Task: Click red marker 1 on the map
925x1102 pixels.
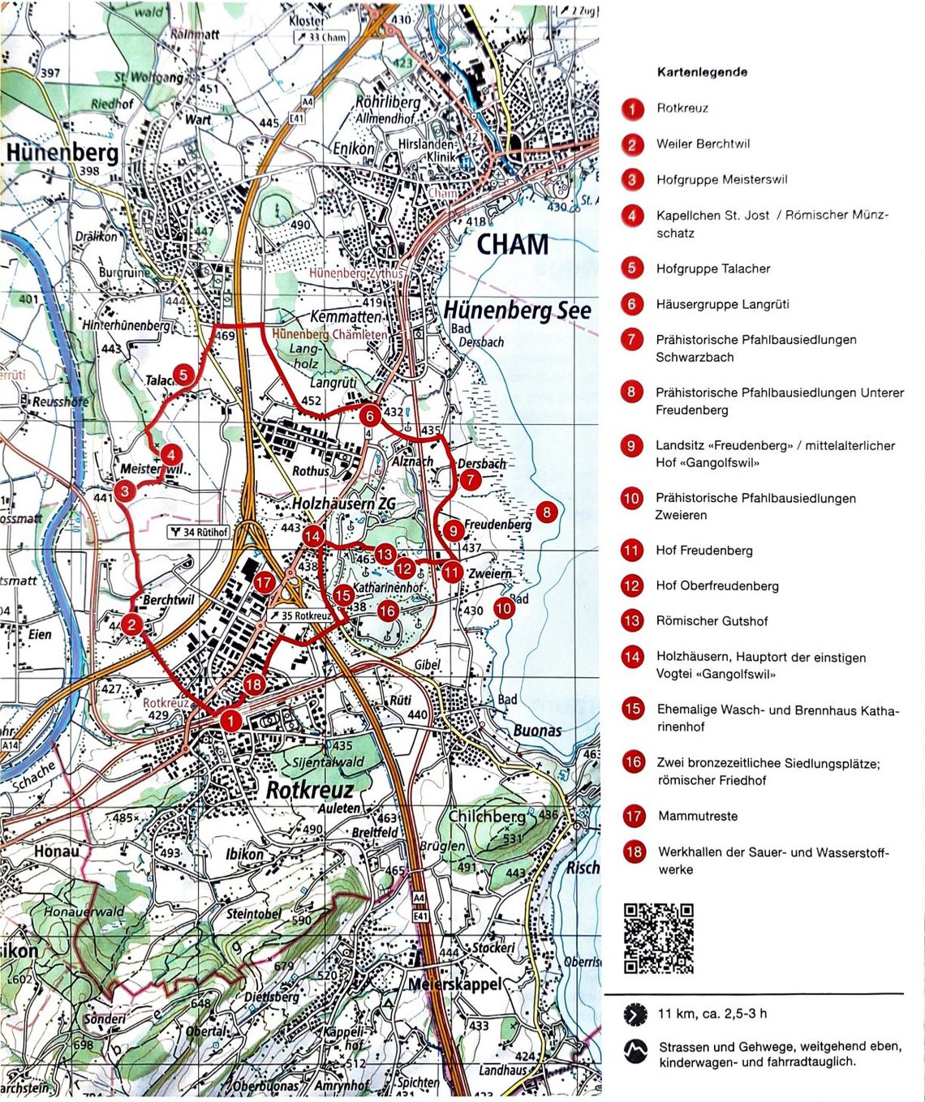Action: pos(231,720)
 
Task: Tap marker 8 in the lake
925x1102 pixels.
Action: pos(547,512)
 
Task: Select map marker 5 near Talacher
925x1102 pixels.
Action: pos(184,374)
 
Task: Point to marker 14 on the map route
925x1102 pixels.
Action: pos(312,536)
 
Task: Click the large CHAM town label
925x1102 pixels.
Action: pos(512,244)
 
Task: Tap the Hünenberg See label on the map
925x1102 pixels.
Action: pos(517,310)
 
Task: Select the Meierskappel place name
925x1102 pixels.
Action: pos(454,984)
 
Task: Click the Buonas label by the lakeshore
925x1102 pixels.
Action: pos(537,731)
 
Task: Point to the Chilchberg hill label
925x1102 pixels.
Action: pos(486,817)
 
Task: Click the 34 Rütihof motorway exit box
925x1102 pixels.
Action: pos(199,532)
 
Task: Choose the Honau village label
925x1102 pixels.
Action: pos(57,851)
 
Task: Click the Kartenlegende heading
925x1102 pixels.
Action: pos(702,72)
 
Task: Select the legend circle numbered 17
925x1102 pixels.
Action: pos(634,816)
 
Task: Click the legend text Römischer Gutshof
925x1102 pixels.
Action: pos(712,621)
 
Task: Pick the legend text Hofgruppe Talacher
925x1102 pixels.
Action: pos(713,268)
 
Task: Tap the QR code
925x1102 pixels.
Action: pos(658,937)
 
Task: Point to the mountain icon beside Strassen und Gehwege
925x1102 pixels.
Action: pos(635,1052)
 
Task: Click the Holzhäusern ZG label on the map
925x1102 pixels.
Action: pos(344,504)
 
